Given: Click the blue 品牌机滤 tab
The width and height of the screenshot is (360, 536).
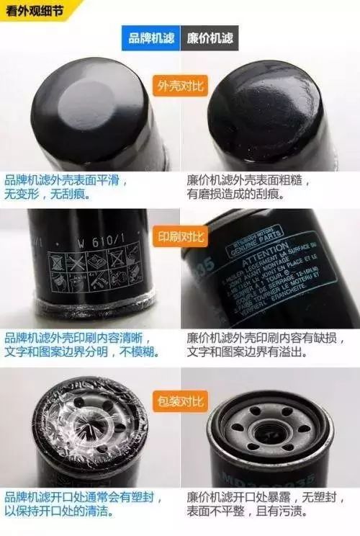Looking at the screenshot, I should (151, 38).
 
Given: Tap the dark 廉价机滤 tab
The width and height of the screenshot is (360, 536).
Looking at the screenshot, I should (209, 38).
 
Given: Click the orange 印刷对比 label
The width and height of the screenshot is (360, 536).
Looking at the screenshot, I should (180, 236).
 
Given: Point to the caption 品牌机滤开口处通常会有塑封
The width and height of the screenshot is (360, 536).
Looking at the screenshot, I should (82, 497).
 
